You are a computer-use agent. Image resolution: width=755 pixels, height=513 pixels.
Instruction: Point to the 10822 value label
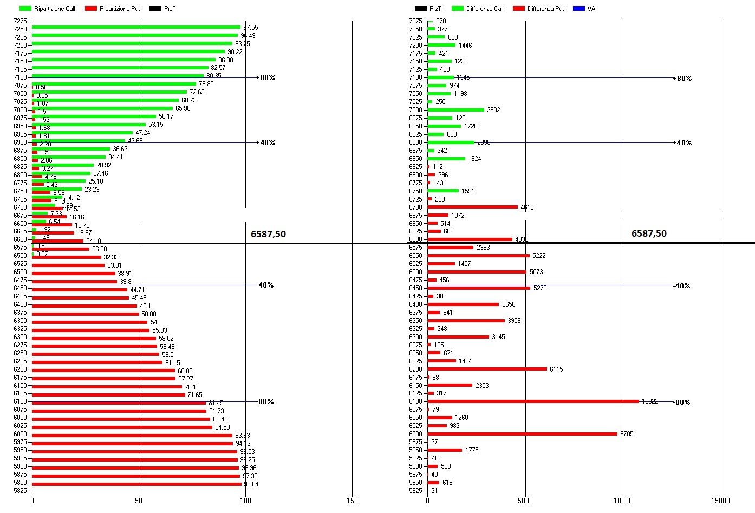(650, 401)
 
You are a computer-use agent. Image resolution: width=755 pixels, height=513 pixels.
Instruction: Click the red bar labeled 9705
(522, 434)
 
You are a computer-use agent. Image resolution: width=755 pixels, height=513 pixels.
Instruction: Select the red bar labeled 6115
(487, 369)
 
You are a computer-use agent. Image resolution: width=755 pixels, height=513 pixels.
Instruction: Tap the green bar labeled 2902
(455, 110)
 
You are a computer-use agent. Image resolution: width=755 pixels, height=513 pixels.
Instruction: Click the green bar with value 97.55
(136, 27)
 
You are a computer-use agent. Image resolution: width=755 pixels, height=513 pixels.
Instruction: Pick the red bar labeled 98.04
(136, 484)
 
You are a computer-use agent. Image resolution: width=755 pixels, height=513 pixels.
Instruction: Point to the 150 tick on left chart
(352, 501)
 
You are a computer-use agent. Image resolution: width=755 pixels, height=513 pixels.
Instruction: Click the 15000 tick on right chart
(720, 501)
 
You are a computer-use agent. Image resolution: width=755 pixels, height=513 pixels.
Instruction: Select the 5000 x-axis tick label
(525, 501)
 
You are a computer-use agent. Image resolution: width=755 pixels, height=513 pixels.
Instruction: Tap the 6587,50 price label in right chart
(649, 233)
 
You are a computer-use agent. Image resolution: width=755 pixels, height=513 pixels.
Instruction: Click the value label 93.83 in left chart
(242, 436)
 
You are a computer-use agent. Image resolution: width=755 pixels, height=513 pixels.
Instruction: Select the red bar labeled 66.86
(103, 371)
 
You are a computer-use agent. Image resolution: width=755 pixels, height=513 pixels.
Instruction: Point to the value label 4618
(527, 207)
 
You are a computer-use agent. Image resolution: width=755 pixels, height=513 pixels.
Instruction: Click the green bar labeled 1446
(441, 45)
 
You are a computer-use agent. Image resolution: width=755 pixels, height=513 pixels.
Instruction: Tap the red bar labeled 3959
(466, 321)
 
